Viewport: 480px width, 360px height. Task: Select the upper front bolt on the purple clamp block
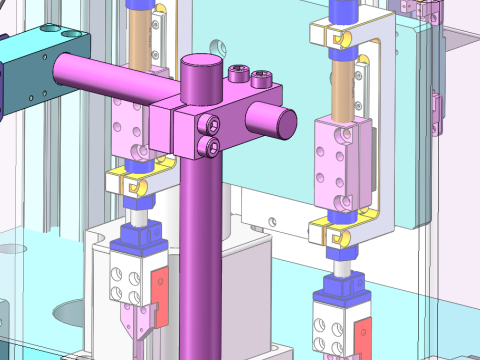[x=211, y=124]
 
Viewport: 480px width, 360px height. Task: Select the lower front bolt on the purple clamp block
[x=211, y=146]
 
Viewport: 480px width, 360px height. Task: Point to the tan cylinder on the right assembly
[x=343, y=85]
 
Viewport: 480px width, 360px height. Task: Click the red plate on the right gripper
[x=362, y=335]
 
